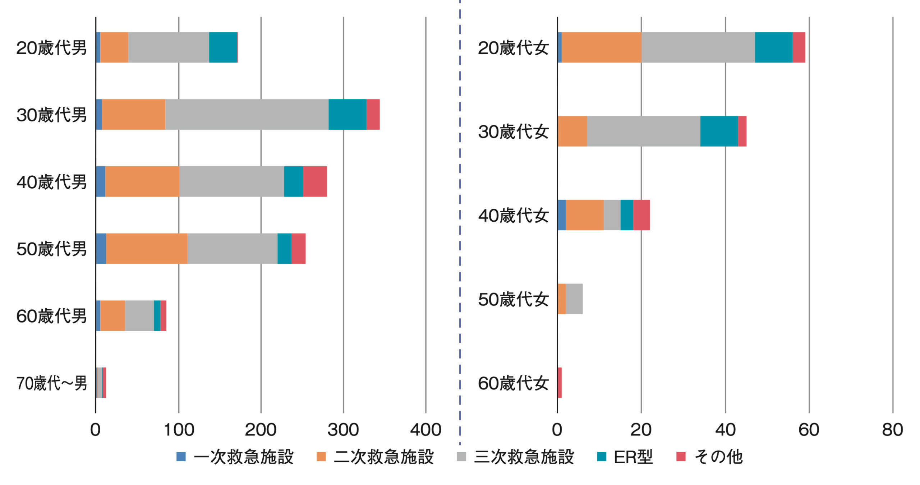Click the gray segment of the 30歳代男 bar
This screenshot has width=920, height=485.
pyautogui.click(x=247, y=114)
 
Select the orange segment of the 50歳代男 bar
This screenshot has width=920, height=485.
pyautogui.click(x=147, y=249)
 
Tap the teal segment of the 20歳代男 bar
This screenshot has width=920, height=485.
pyautogui.click(x=223, y=47)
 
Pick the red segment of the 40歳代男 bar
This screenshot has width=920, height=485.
pyautogui.click(x=315, y=181)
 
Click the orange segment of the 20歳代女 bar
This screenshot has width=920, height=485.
pyautogui.click(x=602, y=47)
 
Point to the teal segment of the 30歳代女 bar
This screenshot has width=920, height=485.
pyautogui.click(x=719, y=131)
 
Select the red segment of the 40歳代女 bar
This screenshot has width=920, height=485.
pyautogui.click(x=641, y=215)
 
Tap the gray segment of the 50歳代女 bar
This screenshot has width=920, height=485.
pyautogui.click(x=574, y=299)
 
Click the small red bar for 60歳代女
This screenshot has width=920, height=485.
pyautogui.click(x=560, y=383)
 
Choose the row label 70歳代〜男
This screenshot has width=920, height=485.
pyautogui.click(x=52, y=383)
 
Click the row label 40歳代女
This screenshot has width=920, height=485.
pyautogui.click(x=513, y=216)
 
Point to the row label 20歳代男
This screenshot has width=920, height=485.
pyautogui.click(x=52, y=48)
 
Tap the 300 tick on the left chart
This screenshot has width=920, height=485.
pyautogui.click(x=343, y=430)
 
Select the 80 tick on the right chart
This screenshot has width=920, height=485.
pyautogui.click(x=893, y=430)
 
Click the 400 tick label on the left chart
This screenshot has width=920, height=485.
pyautogui.click(x=426, y=430)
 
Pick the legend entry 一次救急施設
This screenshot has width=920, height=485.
pyautogui.click(x=235, y=457)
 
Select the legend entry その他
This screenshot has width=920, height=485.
pyautogui.click(x=710, y=457)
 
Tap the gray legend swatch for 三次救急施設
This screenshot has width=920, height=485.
pyautogui.click(x=461, y=457)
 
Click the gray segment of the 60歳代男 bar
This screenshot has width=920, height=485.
pyautogui.click(x=139, y=316)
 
